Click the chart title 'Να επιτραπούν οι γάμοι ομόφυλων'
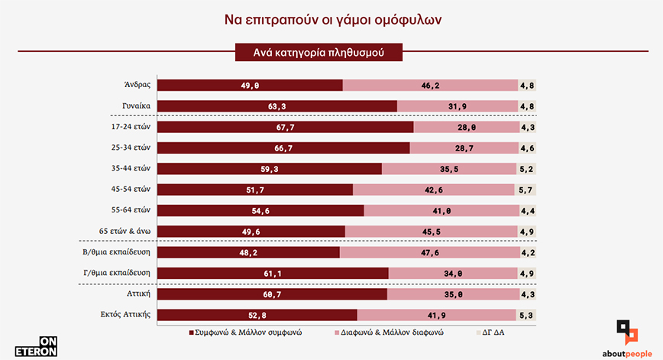pyautogui.click(x=331, y=18)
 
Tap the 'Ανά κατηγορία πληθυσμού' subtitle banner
pyautogui.click(x=318, y=53)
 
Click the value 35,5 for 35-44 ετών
pyautogui.click(x=449, y=169)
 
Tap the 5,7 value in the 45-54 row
pyautogui.click(x=526, y=190)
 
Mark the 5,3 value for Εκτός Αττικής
pyautogui.click(x=526, y=314)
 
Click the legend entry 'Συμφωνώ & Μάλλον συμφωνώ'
pyautogui.click(x=247, y=332)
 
